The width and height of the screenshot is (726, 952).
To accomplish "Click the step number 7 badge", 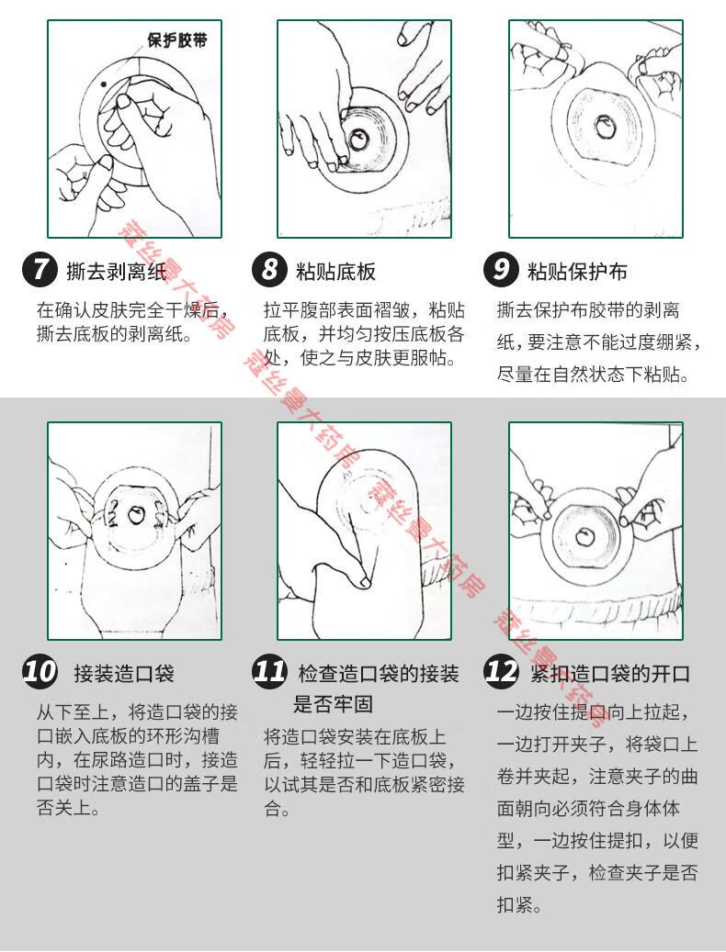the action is pyautogui.click(x=40, y=270).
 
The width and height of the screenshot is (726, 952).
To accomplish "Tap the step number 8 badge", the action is pyautogui.click(x=269, y=270).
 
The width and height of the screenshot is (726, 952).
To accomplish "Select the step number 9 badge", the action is pyautogui.click(x=501, y=270).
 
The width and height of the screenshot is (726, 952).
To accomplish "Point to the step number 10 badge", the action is pyautogui.click(x=40, y=671).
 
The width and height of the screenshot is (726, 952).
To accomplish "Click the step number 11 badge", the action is pyautogui.click(x=269, y=671).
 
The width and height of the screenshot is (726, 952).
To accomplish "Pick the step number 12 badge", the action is pyautogui.click(x=502, y=671).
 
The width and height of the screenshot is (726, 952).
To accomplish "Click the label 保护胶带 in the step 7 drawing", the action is pyautogui.click(x=176, y=40).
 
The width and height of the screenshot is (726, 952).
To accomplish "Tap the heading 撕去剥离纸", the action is pyautogui.click(x=116, y=272).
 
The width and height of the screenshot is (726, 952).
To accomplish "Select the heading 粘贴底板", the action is pyautogui.click(x=336, y=272).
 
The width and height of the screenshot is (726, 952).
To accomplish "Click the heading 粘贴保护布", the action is pyautogui.click(x=577, y=272).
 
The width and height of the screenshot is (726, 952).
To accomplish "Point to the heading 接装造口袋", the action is pyautogui.click(x=124, y=673).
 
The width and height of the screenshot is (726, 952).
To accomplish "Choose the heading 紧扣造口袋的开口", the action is pyautogui.click(x=610, y=673).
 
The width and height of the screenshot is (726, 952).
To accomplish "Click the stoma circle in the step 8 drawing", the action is pyautogui.click(x=358, y=140).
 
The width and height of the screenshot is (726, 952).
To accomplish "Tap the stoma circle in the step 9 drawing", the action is pyautogui.click(x=605, y=127).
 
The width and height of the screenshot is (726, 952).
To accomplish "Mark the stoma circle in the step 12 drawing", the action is pyautogui.click(x=585, y=536).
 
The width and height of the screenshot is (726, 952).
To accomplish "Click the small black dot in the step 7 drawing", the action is pyautogui.click(x=104, y=84).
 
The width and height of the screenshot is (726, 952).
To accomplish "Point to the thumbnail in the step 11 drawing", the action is pyautogui.click(x=365, y=582).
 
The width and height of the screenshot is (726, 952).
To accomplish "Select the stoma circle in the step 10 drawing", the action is pyautogui.click(x=135, y=515).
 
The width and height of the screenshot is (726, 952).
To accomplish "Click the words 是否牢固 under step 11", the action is pyautogui.click(x=333, y=704).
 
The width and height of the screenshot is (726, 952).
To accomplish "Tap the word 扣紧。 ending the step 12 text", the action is pyautogui.click(x=519, y=904).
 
